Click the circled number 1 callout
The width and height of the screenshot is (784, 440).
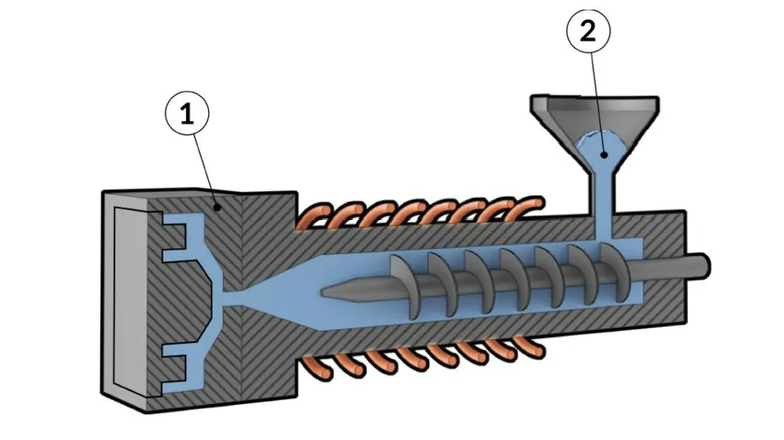click(x=187, y=113)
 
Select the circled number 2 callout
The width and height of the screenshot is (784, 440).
click(x=588, y=31)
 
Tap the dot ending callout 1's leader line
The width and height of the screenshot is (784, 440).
click(x=217, y=207)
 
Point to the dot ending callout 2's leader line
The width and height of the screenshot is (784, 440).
click(x=604, y=155)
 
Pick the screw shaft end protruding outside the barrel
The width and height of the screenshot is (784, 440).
click(x=699, y=266)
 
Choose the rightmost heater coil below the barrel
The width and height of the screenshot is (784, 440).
click(x=530, y=347)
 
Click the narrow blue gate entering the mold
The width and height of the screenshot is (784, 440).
click(x=233, y=299)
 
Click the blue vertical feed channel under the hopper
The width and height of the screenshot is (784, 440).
click(x=604, y=206)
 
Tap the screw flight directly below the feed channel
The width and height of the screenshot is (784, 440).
click(x=614, y=272)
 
